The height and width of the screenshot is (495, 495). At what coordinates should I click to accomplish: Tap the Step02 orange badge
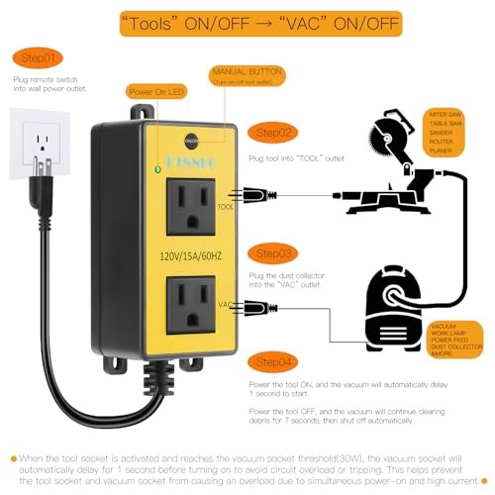[273, 131]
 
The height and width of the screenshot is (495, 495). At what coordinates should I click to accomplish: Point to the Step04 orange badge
[273, 363]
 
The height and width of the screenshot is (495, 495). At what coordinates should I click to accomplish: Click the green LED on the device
[155, 169]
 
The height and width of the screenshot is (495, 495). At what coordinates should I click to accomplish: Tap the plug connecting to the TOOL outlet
[251, 195]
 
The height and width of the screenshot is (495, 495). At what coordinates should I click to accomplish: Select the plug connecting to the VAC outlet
[251, 309]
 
